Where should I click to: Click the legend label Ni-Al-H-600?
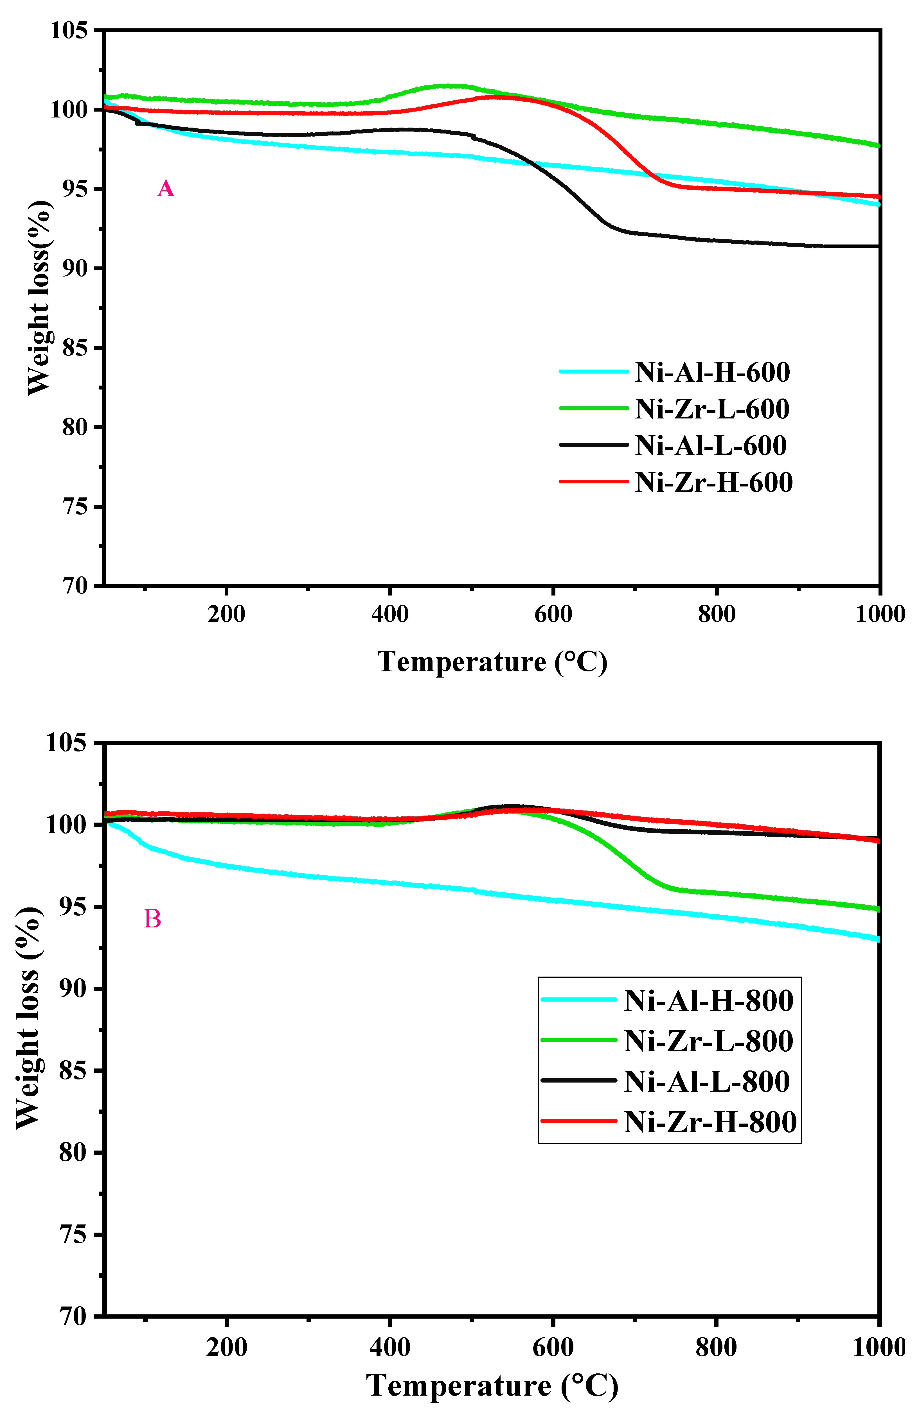[x=712, y=372]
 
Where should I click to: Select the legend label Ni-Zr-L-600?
[x=712, y=409]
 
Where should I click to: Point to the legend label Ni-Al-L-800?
[x=707, y=1081]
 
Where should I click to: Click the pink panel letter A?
[x=165, y=189]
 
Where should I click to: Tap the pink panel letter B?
[x=152, y=919]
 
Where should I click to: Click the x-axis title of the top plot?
[x=492, y=662]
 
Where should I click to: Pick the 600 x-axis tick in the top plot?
[x=553, y=614]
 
